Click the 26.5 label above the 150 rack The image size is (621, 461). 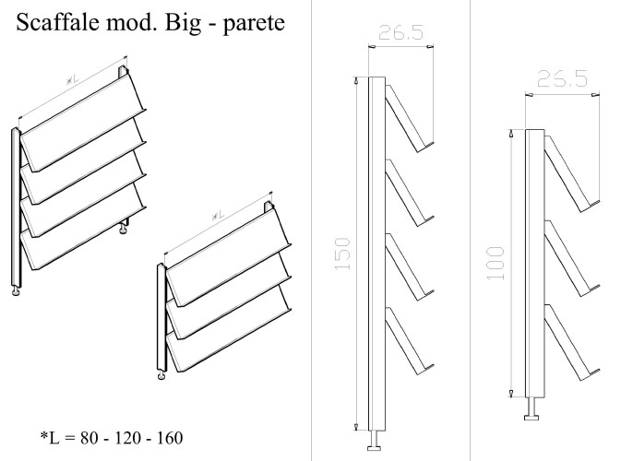pyautogui.click(x=400, y=33)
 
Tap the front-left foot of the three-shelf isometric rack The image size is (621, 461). pyautogui.click(x=161, y=374)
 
